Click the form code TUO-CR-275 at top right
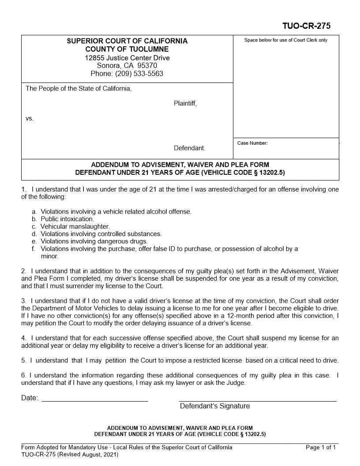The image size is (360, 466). pos(306,26)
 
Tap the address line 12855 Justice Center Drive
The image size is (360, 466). pos(127,58)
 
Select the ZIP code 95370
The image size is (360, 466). pos(147,66)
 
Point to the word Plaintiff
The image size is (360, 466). pos(185,104)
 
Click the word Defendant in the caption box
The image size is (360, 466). pos(189,148)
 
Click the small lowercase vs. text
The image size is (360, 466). pos(30,118)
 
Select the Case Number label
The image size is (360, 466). pos(252,143)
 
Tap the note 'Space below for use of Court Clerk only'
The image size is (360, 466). pos(286,40)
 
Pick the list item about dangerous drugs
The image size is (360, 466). pos(94,241)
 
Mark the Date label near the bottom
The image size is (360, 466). pos(30,398)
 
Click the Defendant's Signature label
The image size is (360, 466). pos(214,406)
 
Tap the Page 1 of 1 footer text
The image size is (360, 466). pos(321,447)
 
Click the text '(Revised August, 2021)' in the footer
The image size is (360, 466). pos(88,455)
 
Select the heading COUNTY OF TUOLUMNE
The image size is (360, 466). pos(127,49)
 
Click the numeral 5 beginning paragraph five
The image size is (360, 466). pos(23,360)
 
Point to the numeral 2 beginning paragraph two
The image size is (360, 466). pos(23,271)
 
